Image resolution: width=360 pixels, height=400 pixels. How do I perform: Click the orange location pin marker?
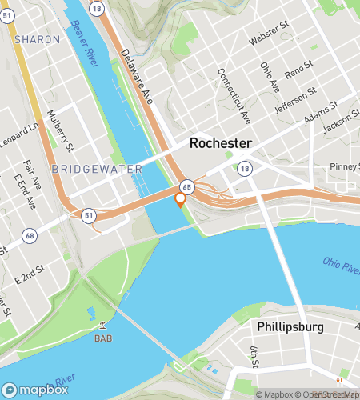coord(181,199)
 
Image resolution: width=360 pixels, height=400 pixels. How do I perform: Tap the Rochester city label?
coord(220,143)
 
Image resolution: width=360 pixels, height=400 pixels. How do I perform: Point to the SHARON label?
coord(37,38)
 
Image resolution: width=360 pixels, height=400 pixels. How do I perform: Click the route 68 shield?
coord(30,234)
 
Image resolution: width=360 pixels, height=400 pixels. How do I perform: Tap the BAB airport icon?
coord(102,324)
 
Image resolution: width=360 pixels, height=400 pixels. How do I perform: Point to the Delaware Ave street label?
coord(137,73)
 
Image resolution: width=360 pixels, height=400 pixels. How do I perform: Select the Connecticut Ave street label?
coord(234,96)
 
